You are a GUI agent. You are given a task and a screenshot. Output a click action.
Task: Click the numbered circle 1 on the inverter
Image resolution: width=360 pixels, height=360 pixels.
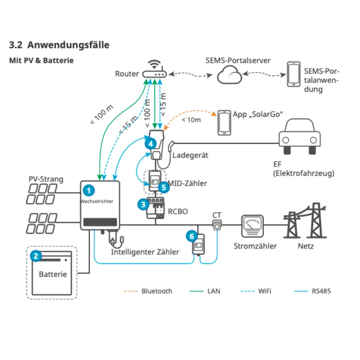(x=89, y=190)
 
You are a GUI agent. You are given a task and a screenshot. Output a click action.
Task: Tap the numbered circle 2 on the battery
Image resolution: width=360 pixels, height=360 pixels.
(x=36, y=256)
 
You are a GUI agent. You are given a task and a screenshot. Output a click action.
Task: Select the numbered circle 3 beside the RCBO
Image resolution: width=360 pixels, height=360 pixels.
(x=143, y=204)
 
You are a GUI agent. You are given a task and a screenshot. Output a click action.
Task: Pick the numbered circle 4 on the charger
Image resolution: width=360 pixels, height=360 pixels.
(x=150, y=144)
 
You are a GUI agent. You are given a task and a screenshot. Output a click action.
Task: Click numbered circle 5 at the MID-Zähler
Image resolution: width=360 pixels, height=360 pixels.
(x=164, y=187)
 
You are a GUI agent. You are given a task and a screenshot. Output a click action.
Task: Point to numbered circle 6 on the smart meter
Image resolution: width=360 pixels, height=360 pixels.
(x=192, y=236)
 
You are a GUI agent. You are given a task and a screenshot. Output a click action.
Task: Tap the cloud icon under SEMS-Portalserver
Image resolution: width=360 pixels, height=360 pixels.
(x=229, y=75)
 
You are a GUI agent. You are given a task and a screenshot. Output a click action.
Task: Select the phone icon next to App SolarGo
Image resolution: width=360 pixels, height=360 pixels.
(x=224, y=123)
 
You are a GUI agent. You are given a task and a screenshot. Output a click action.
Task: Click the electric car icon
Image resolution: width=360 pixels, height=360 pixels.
(x=300, y=136)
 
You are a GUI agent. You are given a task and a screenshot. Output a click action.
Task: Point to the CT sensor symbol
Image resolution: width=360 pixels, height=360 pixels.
(x=217, y=225)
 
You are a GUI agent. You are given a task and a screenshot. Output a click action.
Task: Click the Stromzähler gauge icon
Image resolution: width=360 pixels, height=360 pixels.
(x=252, y=226)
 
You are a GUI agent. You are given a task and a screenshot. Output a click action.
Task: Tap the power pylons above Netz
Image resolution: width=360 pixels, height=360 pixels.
(x=305, y=220)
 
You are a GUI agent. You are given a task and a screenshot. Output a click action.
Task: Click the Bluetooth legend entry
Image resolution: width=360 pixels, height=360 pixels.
(x=148, y=291)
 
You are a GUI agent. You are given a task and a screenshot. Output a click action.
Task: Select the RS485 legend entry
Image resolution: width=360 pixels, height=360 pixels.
(x=313, y=291)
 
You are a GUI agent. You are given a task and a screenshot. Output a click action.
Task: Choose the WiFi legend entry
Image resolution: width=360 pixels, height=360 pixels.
(x=256, y=291)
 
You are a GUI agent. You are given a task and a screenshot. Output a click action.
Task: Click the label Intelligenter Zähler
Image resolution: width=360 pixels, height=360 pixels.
(x=145, y=252)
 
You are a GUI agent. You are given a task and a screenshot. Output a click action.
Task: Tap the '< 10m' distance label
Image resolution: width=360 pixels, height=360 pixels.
(x=191, y=120)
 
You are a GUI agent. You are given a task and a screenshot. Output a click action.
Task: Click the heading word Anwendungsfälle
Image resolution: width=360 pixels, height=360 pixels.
(x=69, y=45)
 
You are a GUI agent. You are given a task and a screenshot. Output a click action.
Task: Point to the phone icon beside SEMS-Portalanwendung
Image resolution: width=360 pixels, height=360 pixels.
(x=294, y=74)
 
